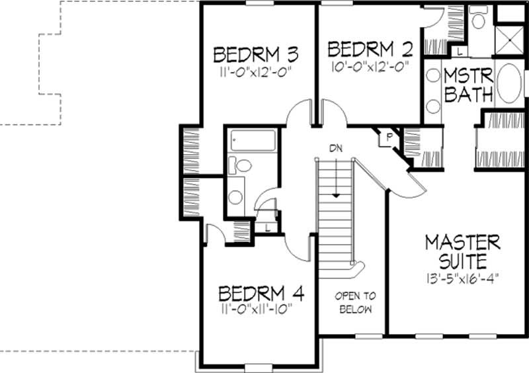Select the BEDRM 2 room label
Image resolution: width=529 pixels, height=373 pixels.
coord(370,49)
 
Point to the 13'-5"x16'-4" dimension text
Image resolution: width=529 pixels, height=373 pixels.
coord(462,276)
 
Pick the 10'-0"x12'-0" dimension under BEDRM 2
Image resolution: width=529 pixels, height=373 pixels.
coord(370,65)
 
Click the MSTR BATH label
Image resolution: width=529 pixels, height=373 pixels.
coord(468,84)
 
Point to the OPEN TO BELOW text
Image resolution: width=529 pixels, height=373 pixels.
coord(354,303)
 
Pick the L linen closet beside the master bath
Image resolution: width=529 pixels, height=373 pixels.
coord(459,51)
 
